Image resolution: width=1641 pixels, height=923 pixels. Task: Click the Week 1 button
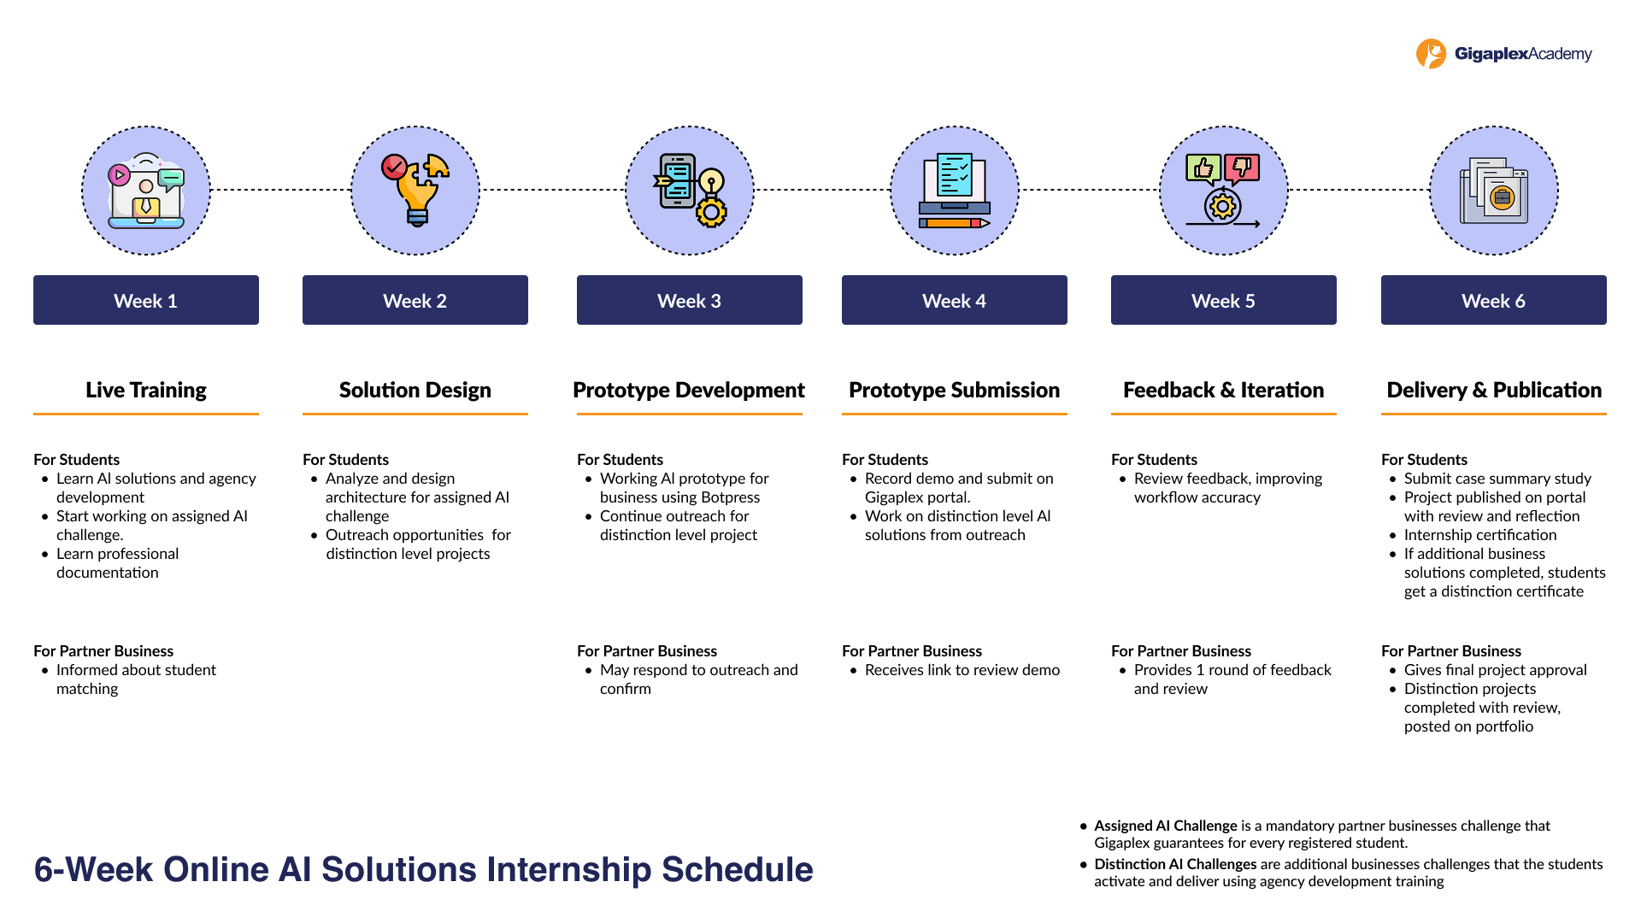pos(145,300)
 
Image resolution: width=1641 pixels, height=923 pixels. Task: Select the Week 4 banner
pos(954,300)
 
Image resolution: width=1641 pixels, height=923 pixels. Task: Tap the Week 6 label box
pos(1493,300)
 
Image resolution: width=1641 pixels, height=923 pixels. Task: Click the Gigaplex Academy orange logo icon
pos(1431,54)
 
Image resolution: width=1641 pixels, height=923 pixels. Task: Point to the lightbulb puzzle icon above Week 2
pos(415,190)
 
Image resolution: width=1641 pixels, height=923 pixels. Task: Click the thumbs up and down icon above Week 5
pos(1223,190)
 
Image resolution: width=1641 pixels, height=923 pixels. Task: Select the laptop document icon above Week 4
pos(954,190)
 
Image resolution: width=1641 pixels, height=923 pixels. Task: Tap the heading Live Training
pos(145,390)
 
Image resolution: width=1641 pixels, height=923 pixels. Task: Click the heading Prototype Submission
pos(954,390)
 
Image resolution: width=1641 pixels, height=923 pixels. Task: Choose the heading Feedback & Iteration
pos(1223,390)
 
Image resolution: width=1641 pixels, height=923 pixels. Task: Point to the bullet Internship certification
pos(1479,535)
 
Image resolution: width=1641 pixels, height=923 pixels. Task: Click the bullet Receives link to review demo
pos(962,670)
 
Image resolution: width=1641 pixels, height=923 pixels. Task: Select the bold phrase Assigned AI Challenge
pos(1165,826)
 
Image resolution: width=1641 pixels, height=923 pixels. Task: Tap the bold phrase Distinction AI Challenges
pos(1175,864)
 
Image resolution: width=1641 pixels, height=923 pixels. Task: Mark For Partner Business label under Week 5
pos(1180,651)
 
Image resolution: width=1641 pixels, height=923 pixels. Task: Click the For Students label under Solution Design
pos(345,460)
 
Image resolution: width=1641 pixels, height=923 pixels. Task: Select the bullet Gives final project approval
pos(1495,670)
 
